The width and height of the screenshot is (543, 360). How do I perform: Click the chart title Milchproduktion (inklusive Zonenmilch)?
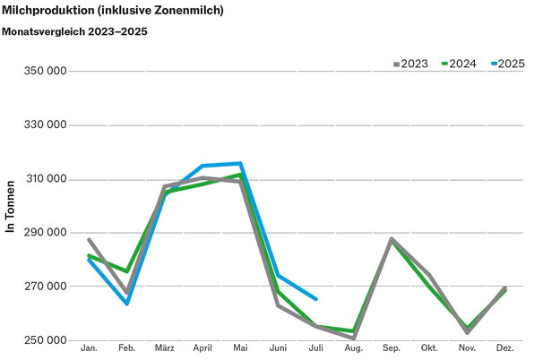(x=113, y=11)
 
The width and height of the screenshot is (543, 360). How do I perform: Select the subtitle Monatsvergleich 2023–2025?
(x=75, y=31)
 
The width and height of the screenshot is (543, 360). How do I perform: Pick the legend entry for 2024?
(x=457, y=64)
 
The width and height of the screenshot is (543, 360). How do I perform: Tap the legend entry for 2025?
(x=505, y=64)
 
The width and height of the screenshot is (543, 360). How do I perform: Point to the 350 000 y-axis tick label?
(x=44, y=71)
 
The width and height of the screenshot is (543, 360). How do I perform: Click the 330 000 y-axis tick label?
(x=44, y=125)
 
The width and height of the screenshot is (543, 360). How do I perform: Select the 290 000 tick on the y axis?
(x=44, y=233)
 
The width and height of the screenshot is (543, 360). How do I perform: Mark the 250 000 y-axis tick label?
(x=44, y=341)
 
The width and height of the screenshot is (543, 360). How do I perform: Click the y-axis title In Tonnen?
(x=11, y=207)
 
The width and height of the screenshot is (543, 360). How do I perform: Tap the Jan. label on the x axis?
(x=90, y=347)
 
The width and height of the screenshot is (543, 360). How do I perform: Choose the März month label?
(x=164, y=347)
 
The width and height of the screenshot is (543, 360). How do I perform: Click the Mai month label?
(x=240, y=347)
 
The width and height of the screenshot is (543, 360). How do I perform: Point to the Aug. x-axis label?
(x=353, y=347)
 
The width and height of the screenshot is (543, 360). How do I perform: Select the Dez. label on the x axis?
(x=504, y=347)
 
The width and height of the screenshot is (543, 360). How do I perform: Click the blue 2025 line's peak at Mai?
(x=240, y=163)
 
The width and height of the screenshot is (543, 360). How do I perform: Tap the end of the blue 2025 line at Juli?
(x=315, y=299)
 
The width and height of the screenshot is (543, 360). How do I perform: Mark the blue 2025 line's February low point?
(x=127, y=303)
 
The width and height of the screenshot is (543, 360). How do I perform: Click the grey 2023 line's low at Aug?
(x=354, y=338)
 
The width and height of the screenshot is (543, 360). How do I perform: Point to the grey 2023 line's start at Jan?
(x=89, y=239)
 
